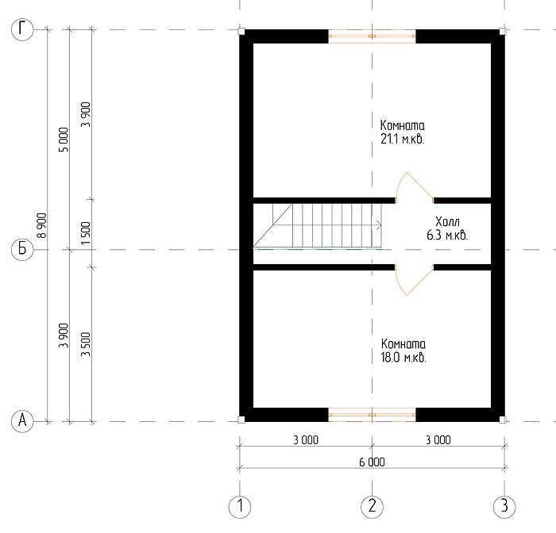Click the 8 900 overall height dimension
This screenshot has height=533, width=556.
pos(42,225)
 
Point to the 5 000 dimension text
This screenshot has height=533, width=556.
pos(64,140)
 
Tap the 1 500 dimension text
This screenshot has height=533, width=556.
pos(86,233)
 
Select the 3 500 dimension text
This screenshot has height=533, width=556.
pos(86,344)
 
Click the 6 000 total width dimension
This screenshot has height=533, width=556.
pos(372,462)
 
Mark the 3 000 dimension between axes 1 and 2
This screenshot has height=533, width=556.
pos(306,440)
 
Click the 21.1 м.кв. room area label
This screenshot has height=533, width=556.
pos(403,139)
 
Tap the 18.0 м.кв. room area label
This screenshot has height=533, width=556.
pos(403,358)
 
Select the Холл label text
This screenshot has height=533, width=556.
pos(447,222)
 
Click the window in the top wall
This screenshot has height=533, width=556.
pos(372,36)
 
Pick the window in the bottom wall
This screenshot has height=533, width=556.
pos(372,415)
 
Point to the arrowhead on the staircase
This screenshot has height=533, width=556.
pos(379,225)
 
